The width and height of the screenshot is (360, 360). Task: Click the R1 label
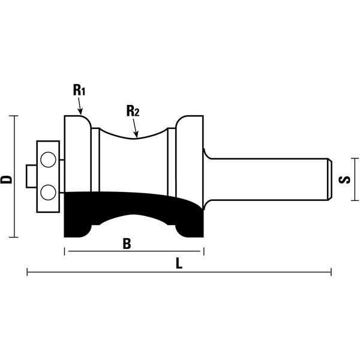(79, 90)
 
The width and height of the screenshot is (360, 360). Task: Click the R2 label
(133, 111)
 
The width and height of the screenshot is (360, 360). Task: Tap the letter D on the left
(6, 179)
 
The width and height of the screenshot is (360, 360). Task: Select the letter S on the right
(344, 179)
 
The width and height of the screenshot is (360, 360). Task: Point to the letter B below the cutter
(127, 244)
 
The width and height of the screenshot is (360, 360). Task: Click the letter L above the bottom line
(179, 263)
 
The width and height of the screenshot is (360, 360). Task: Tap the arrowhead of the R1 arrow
(80, 112)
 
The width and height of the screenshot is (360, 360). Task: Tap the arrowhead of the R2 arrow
(136, 135)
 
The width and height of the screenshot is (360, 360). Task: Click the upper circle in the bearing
(48, 160)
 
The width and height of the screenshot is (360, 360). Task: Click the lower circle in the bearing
(48, 193)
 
